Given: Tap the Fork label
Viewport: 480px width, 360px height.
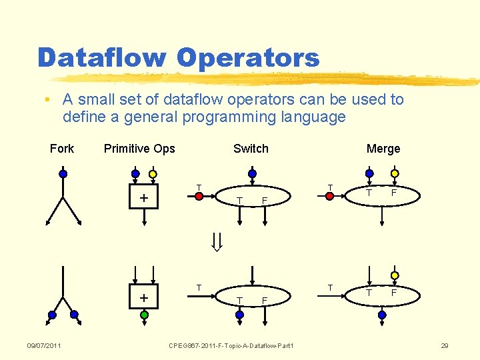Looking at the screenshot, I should (x=62, y=149).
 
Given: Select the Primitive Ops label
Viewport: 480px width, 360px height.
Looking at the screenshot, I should (x=139, y=149).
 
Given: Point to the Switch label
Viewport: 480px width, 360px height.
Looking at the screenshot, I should (x=251, y=149).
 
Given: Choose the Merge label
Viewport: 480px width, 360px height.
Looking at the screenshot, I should (x=383, y=149).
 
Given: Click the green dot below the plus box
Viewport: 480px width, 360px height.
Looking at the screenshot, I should (x=144, y=315).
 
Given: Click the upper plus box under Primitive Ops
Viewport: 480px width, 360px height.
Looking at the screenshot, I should (x=144, y=199).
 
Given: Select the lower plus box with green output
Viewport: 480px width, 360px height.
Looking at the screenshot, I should (x=144, y=297).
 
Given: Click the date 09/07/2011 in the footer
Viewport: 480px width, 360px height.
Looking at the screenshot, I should (x=44, y=345).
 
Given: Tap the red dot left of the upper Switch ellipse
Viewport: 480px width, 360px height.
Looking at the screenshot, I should (x=199, y=196).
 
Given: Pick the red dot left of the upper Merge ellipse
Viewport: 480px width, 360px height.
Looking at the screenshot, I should (x=329, y=196).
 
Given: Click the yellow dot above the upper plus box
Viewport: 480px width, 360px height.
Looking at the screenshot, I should (x=153, y=175).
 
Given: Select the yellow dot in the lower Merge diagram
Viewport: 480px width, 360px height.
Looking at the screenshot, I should (x=394, y=275).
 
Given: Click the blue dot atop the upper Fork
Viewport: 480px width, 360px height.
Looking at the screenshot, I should (x=63, y=174).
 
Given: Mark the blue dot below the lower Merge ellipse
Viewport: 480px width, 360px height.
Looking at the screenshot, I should (x=382, y=315).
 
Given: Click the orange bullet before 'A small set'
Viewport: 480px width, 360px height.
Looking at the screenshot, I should (x=49, y=101).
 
